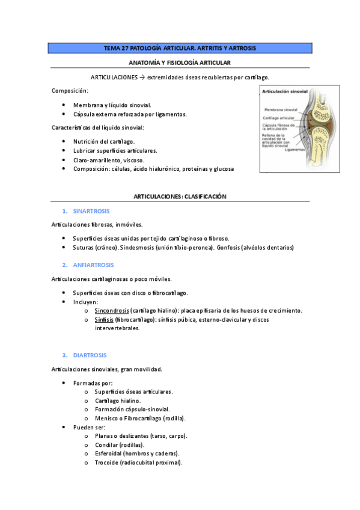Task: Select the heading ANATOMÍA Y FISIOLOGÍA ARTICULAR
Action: click(180, 63)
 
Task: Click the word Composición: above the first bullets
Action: click(70, 91)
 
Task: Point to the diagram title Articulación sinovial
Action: click(284, 91)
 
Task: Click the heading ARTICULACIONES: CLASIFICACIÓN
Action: click(180, 197)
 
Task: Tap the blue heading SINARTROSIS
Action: click(91, 211)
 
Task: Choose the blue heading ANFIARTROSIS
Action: click(93, 265)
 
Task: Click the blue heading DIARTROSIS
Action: click(89, 355)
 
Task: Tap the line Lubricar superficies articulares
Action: click(115, 150)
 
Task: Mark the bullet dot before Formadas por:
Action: click(64, 382)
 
